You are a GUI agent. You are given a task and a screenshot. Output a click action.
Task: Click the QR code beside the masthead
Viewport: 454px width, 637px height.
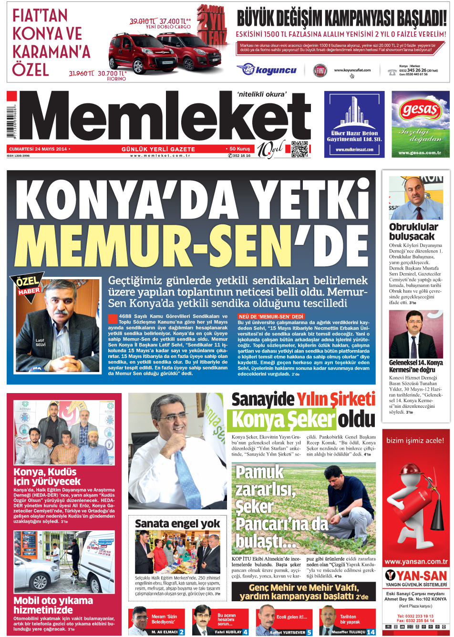click(x=299, y=149)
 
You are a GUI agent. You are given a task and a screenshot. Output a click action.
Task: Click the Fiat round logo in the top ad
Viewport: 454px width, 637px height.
click(x=320, y=71)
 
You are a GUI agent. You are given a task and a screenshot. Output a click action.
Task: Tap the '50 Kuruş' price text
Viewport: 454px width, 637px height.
click(x=239, y=149)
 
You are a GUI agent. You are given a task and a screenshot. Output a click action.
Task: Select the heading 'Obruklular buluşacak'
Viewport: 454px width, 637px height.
click(x=413, y=232)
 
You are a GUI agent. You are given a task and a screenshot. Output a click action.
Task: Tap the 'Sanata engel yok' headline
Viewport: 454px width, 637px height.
click(x=177, y=524)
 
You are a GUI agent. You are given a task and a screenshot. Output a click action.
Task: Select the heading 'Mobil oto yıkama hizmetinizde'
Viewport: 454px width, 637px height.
click(x=53, y=605)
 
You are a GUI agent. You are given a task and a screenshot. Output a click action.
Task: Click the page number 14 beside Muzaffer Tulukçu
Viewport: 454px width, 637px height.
click(x=371, y=632)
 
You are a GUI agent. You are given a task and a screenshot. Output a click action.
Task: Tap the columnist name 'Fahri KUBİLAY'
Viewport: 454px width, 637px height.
click(x=228, y=632)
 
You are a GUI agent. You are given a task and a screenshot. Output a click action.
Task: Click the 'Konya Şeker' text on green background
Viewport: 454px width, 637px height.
click(x=282, y=420)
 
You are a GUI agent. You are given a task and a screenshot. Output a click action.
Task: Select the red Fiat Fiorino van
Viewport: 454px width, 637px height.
click(x=135, y=54)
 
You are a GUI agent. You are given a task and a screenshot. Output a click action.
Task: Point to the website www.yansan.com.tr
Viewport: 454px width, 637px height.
click(x=416, y=561)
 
